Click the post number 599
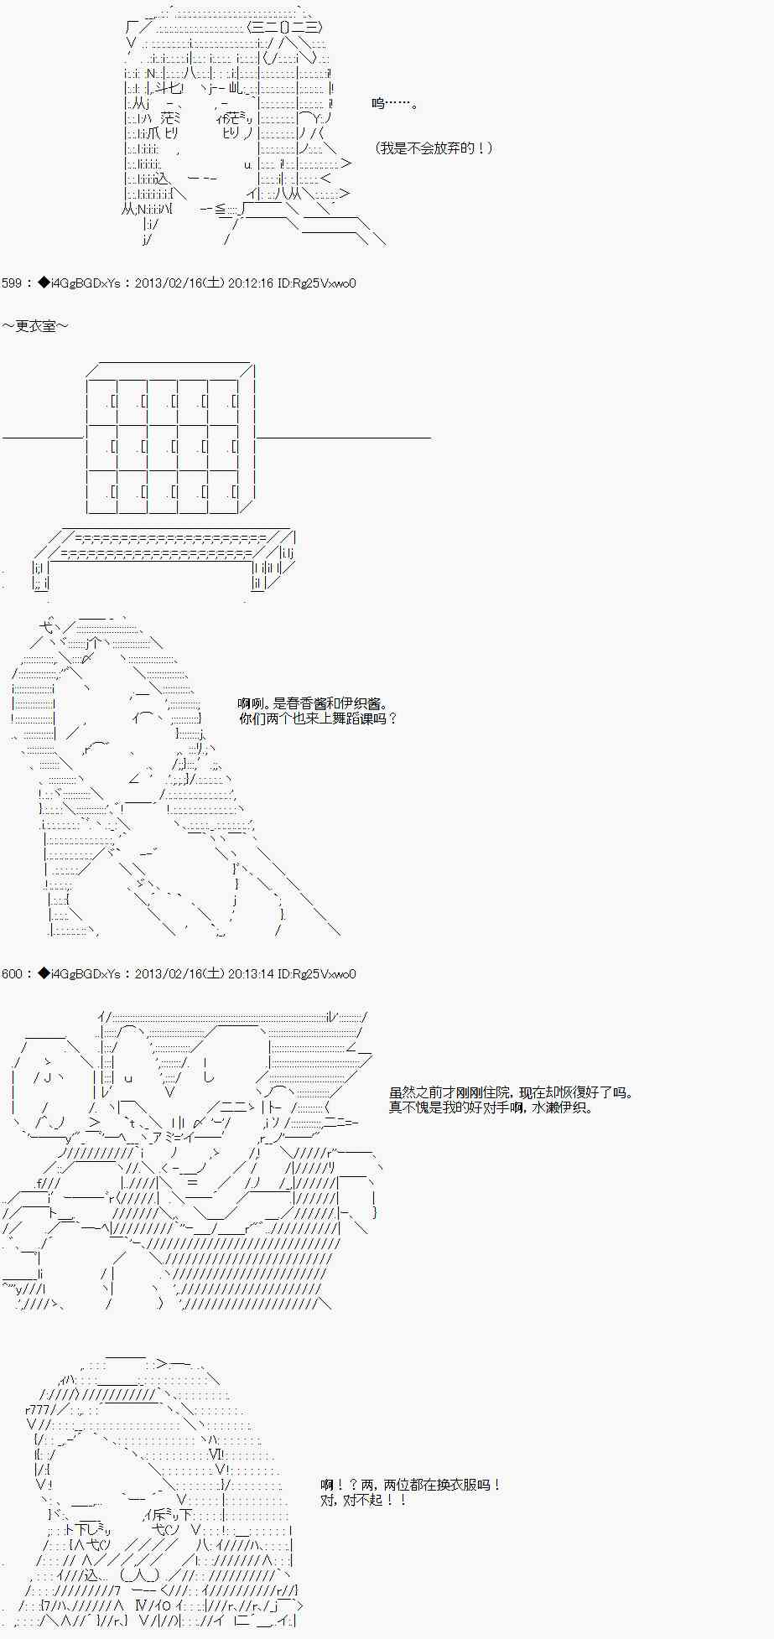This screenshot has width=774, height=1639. [12, 283]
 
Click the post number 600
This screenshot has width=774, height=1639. [12, 974]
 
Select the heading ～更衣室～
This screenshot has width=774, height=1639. [35, 326]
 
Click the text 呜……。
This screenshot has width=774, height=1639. [395, 103]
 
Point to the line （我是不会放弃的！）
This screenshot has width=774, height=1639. [434, 148]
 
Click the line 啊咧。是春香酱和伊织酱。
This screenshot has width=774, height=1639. [312, 704]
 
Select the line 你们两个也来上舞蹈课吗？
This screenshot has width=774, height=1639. [317, 718]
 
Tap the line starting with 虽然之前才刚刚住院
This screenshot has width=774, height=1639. [512, 1093]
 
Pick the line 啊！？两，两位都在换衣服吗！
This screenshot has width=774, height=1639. [411, 1485]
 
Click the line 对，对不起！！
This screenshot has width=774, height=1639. [364, 1499]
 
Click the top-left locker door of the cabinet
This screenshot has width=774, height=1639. [102, 402]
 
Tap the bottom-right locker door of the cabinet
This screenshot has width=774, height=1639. [223, 492]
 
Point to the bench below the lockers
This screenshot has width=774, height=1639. [164, 558]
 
